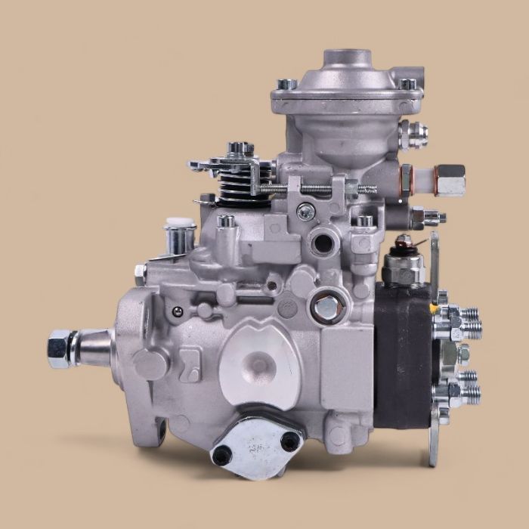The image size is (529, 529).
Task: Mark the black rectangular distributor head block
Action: [x=405, y=355]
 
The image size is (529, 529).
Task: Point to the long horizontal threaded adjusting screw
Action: [x=317, y=187]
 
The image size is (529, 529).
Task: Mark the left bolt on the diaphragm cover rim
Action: [x=286, y=85]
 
